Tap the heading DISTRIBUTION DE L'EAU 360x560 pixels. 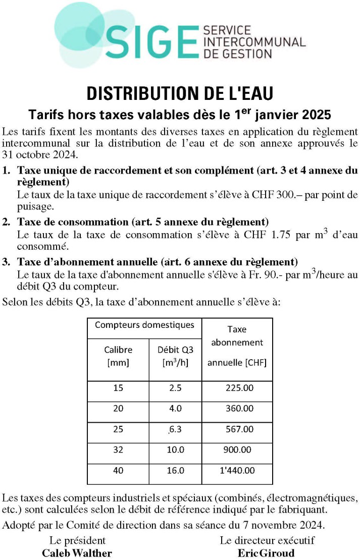pos(180,93)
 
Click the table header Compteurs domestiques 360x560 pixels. pos(144,325)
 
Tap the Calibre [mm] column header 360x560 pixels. pos(118,355)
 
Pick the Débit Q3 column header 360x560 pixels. pos(175,355)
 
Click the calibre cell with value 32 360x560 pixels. pos(118,450)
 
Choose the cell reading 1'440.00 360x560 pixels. pos(237,470)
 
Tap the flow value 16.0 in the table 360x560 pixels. pos(175,470)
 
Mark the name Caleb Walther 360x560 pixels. pos(77,552)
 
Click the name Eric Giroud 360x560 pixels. pos(266,552)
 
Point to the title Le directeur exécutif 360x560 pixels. pos(267,540)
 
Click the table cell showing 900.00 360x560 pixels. pos(237,450)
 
